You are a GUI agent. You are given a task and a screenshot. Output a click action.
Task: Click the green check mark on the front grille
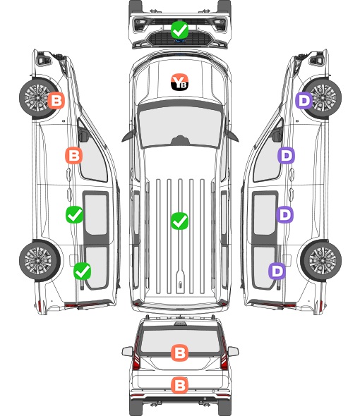179,30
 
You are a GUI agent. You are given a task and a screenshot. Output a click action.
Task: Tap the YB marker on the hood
179,82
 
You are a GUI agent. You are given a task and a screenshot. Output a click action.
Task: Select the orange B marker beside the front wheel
56,100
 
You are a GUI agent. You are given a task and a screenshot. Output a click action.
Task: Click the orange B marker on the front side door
73,155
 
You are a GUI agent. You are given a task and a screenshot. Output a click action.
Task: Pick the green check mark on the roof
179,221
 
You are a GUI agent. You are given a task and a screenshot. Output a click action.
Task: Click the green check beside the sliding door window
74,214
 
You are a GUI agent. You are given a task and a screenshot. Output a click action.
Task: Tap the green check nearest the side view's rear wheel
82,271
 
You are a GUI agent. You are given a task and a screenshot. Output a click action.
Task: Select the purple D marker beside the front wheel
304,100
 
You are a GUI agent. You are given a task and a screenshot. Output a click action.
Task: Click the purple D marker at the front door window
286,155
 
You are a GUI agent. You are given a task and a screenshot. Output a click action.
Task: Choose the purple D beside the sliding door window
284,214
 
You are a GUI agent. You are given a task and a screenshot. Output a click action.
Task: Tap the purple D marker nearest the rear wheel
277,271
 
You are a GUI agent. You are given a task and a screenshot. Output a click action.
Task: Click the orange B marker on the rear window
179,353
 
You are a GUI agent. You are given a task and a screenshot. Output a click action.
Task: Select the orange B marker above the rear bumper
179,385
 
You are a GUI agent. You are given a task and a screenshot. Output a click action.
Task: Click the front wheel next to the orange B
37,98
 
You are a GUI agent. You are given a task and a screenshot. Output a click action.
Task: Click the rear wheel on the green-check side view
39,261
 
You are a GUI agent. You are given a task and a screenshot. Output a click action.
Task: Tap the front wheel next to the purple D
323,98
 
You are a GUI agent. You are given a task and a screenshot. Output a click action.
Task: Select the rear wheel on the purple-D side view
321,261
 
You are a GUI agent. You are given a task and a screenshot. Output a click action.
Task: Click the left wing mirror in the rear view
127,352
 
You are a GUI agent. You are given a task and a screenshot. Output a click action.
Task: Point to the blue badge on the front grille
179,41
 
